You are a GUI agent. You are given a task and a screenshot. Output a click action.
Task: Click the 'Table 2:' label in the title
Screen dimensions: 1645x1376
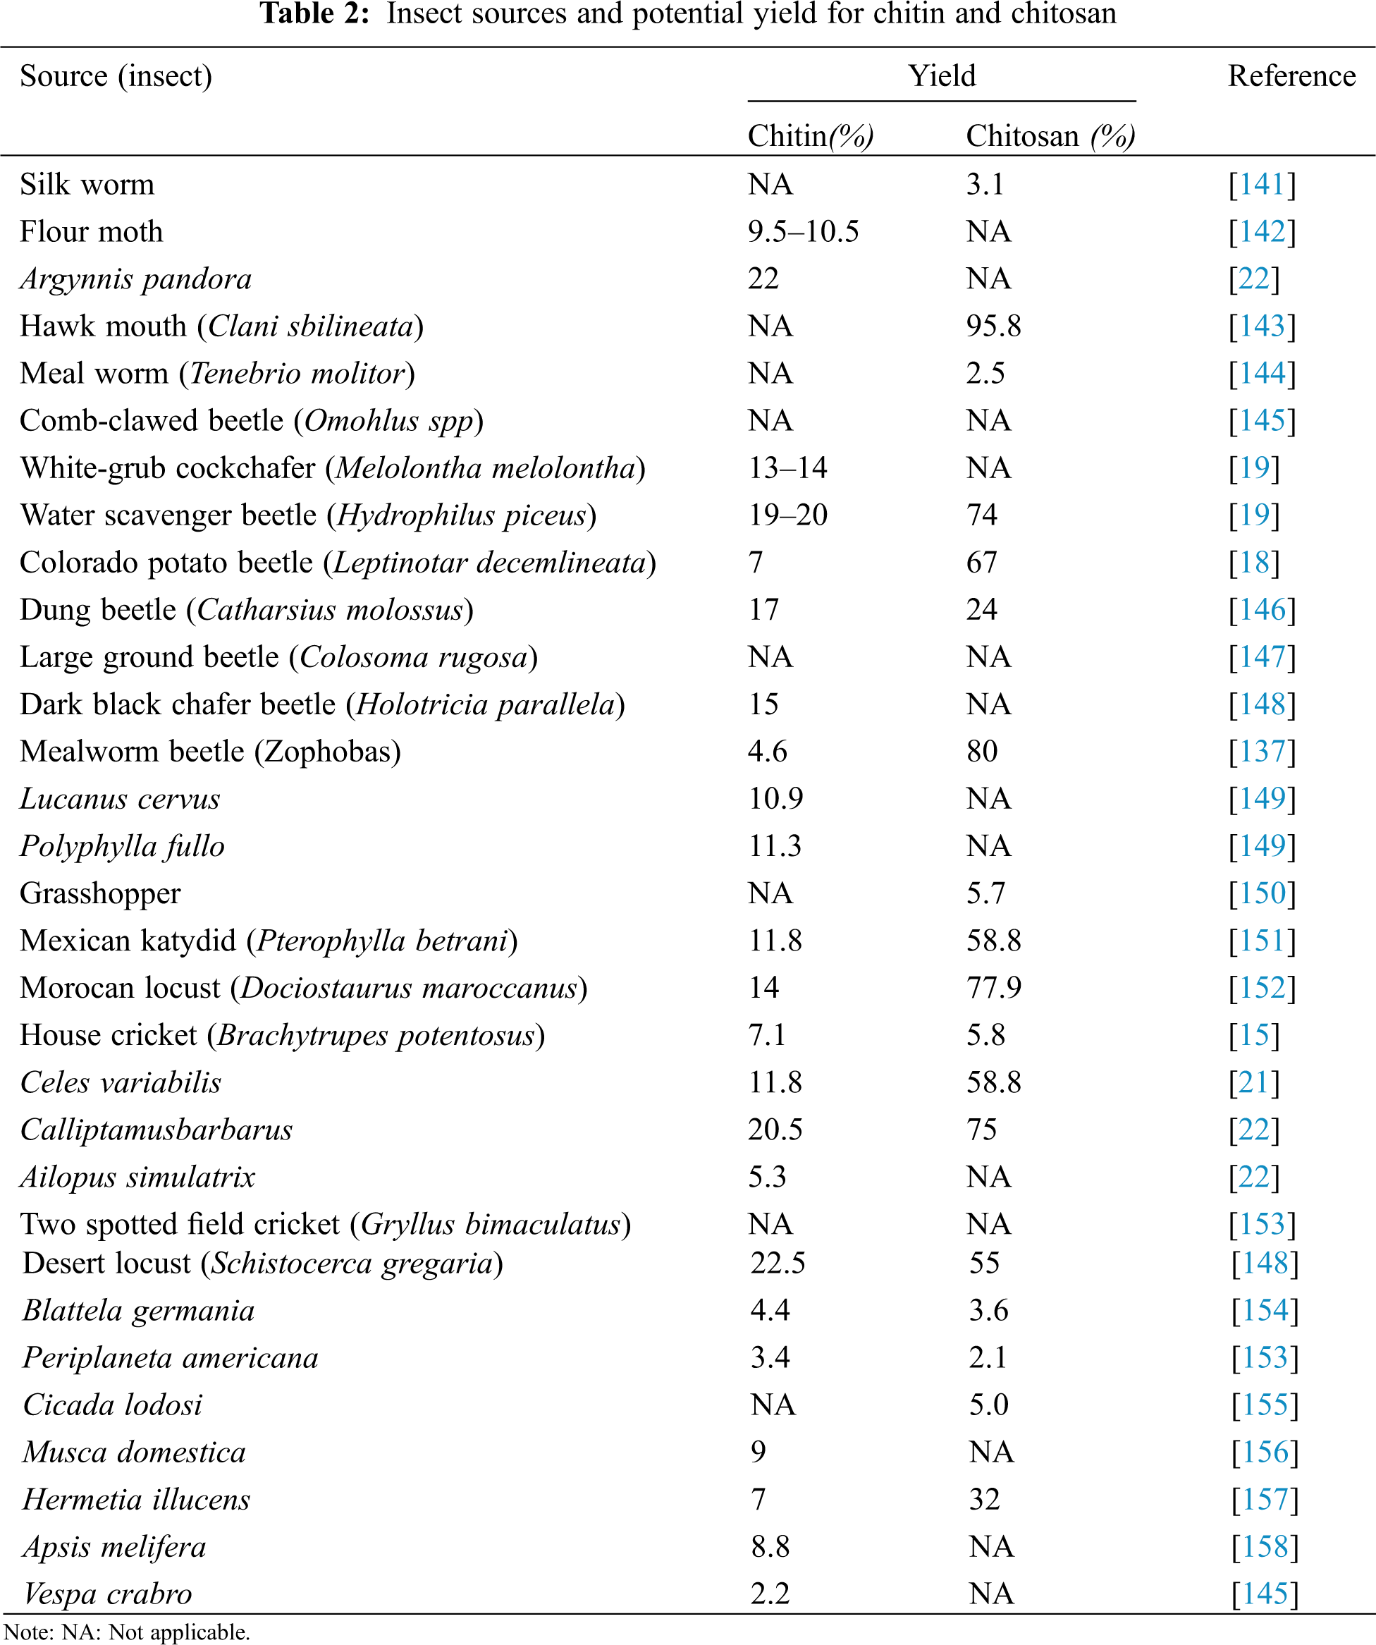click(x=314, y=14)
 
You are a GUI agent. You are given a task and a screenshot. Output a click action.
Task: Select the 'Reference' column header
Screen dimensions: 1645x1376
click(x=1291, y=76)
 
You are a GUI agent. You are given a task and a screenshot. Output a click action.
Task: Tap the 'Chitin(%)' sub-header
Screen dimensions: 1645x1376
click(x=811, y=136)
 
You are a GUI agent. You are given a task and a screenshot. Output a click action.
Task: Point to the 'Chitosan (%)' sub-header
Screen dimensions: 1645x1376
click(x=1050, y=136)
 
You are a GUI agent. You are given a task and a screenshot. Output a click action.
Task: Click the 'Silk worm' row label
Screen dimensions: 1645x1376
click(x=87, y=185)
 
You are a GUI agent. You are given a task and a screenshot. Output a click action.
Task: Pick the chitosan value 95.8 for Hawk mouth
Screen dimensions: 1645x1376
click(x=993, y=326)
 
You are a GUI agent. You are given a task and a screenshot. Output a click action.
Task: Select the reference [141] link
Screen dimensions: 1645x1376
click(x=1262, y=185)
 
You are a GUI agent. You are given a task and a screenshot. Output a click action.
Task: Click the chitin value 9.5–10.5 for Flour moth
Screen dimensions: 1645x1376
click(x=803, y=232)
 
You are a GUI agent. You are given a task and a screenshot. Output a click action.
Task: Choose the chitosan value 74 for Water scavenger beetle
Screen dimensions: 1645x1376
click(x=981, y=515)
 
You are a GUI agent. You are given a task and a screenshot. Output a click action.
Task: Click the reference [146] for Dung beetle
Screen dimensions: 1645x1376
click(x=1262, y=610)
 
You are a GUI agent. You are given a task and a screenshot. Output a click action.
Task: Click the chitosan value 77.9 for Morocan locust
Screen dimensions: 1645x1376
click(x=993, y=989)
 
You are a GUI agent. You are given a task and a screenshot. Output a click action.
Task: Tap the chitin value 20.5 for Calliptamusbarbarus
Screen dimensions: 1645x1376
click(x=775, y=1130)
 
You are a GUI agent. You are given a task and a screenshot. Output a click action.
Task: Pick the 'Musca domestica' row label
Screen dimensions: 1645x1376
click(x=134, y=1453)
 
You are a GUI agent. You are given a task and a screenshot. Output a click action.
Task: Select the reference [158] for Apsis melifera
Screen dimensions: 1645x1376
click(x=1264, y=1547)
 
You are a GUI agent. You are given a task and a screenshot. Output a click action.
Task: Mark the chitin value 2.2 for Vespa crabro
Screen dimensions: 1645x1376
click(x=770, y=1594)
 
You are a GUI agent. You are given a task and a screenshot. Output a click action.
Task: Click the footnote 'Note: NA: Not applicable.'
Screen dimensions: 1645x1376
click(x=127, y=1632)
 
